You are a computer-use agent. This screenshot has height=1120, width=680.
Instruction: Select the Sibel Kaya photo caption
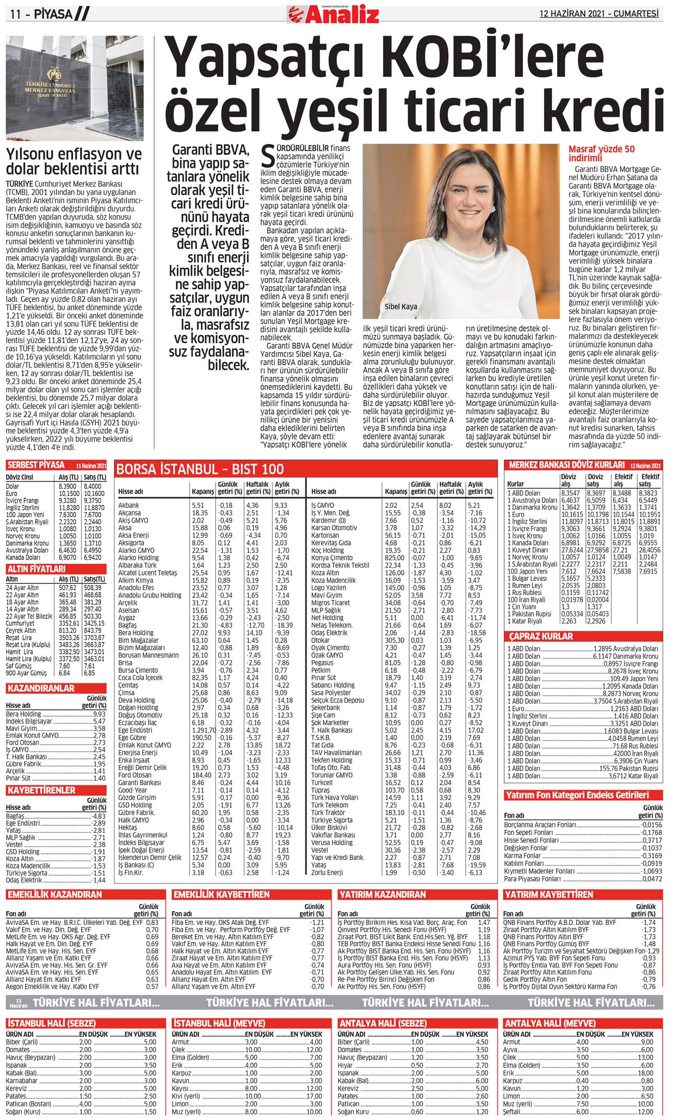pyautogui.click(x=401, y=307)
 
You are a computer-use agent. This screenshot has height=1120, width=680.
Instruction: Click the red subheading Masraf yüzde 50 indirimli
pyautogui.click(x=602, y=153)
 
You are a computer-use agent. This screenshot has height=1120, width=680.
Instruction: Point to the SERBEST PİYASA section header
pyautogui.click(x=36, y=465)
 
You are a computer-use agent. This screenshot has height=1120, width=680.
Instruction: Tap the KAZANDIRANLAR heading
pyautogui.click(x=41, y=688)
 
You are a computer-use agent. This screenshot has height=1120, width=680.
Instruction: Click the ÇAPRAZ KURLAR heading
pyautogui.click(x=541, y=636)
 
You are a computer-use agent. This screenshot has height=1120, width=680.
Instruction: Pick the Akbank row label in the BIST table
pyautogui.click(x=129, y=505)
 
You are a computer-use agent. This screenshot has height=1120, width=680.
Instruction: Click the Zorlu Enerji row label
pyautogui.click(x=327, y=873)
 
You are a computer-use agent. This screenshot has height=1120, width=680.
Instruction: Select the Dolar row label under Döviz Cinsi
pyautogui.click(x=13, y=486)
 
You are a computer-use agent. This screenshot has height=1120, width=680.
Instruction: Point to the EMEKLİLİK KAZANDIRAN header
pyautogui.click(x=54, y=895)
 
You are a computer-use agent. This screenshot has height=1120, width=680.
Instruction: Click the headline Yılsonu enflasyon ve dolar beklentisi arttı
pyautogui.click(x=74, y=162)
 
